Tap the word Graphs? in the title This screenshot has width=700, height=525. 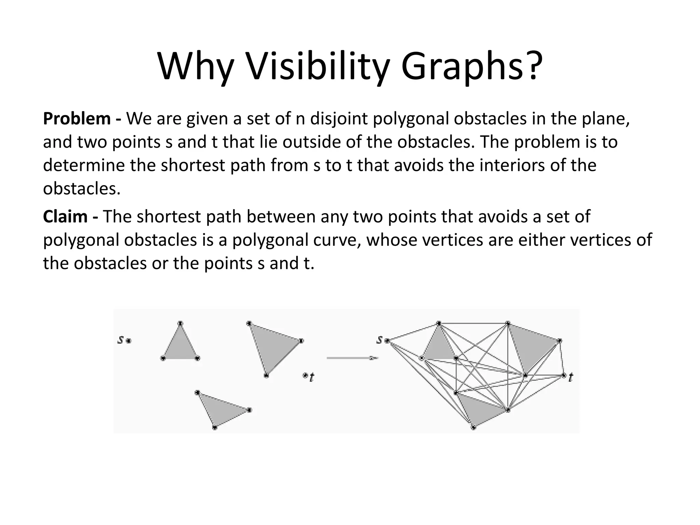point(472,67)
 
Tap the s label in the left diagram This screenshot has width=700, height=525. point(120,340)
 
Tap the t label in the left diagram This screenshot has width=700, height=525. point(312,377)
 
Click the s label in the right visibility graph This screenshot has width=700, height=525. point(379,340)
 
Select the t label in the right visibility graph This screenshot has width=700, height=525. point(570,377)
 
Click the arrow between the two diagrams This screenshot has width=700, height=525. point(352,358)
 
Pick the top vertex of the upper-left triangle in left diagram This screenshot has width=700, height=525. point(180,323)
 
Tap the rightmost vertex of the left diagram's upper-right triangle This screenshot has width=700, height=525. point(301,341)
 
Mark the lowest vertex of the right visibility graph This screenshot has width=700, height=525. point(473,427)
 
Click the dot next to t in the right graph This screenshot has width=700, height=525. point(564,376)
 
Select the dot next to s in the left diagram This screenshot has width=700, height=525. point(129,340)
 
